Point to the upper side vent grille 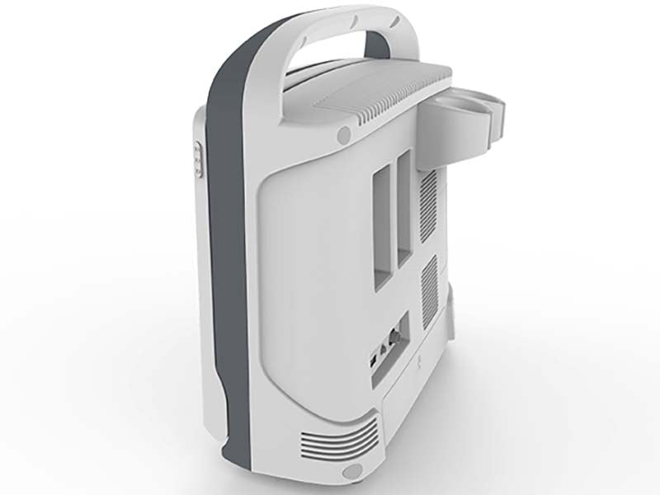[x=427, y=203]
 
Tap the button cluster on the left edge [x=198, y=158]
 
